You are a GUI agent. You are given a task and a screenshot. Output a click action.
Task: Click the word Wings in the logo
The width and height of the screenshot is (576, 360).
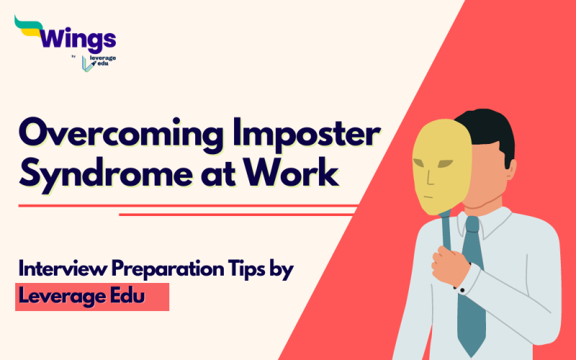tap(78, 37)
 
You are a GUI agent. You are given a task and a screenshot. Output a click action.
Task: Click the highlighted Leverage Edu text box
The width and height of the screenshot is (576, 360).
tap(92, 296)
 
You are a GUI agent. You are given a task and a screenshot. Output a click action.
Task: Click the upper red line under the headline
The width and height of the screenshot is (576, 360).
tap(187, 206)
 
